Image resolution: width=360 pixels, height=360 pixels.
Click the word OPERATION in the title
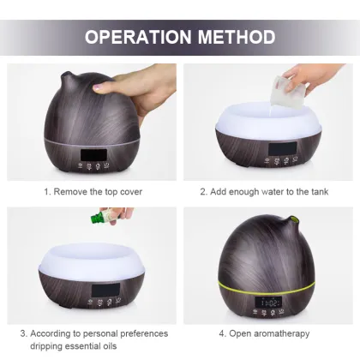[138, 37]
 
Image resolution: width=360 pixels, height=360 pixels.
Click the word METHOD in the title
[237, 37]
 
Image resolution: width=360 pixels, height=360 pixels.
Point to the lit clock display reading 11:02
[268, 302]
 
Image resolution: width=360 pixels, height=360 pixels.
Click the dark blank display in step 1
[93, 155]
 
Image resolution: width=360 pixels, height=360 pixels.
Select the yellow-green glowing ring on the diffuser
[267, 287]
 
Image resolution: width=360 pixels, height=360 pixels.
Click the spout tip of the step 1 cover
[64, 75]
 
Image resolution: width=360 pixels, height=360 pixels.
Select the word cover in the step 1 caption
[131, 191]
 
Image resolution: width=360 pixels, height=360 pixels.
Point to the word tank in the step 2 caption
[320, 191]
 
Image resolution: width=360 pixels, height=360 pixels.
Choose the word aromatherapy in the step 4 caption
[282, 333]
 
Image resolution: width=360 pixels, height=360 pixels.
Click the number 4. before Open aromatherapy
[223, 333]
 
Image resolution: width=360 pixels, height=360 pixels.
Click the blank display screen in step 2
[281, 148]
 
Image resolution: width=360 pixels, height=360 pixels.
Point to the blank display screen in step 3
[105, 290]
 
